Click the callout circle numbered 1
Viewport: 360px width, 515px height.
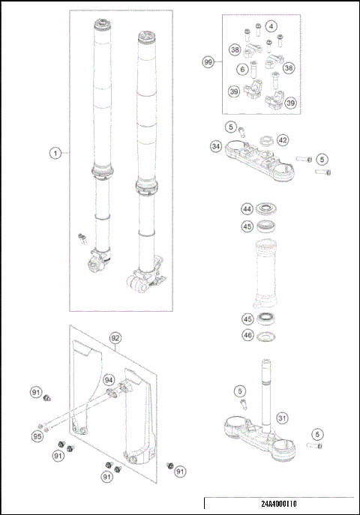[55, 153]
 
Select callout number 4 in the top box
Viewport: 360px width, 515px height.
[271, 25]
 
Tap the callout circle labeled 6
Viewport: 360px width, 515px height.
[242, 69]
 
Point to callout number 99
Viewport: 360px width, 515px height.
[208, 63]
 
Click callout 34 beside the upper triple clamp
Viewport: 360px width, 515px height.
[216, 147]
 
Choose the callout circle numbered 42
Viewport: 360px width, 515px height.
[282, 139]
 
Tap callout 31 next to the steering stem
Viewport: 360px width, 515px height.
[282, 418]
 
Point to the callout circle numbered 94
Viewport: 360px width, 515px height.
[109, 379]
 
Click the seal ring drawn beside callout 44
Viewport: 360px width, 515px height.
[266, 208]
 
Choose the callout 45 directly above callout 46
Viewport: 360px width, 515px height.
[246, 319]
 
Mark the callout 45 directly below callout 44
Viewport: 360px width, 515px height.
[246, 226]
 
